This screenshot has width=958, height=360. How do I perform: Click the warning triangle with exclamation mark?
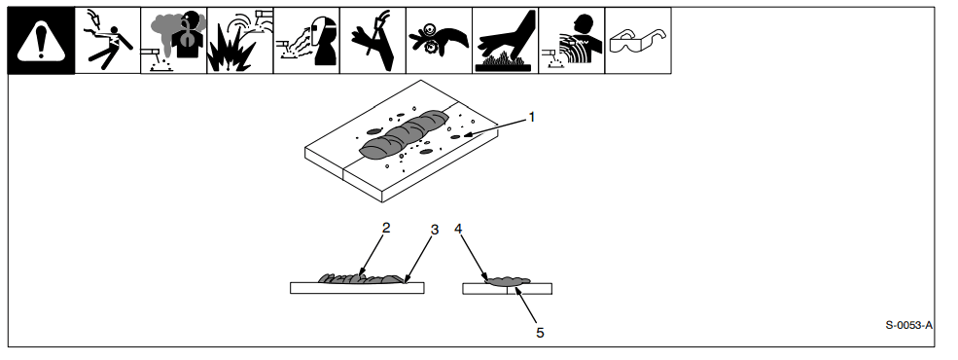(x=41, y=40)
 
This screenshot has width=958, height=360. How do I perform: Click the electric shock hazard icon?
(x=108, y=40)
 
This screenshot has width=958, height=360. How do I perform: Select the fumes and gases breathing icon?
(x=173, y=40)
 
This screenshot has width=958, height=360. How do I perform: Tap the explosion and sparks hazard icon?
(x=240, y=40)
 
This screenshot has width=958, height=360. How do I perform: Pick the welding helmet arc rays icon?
(x=306, y=40)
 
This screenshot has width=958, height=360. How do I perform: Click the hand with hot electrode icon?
(x=373, y=40)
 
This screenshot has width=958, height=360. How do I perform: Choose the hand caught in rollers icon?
(x=439, y=40)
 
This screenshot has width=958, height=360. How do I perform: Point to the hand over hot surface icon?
(x=506, y=40)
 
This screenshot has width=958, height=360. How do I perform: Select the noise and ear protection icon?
(x=571, y=40)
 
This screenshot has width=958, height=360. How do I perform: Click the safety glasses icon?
(x=638, y=40)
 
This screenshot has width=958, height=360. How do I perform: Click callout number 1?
(x=532, y=117)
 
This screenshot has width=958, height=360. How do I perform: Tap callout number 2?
(x=385, y=228)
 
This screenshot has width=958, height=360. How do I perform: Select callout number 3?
(x=435, y=230)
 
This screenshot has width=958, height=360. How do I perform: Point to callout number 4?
(x=458, y=229)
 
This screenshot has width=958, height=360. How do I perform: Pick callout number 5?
(x=540, y=333)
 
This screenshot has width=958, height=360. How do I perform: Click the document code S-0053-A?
(x=909, y=325)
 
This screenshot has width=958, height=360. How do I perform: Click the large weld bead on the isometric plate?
(x=404, y=134)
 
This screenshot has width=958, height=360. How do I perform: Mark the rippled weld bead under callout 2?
(x=361, y=278)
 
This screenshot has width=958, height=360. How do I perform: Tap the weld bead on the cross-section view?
(x=507, y=282)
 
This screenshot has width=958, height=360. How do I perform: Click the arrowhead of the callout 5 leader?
(x=517, y=292)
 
